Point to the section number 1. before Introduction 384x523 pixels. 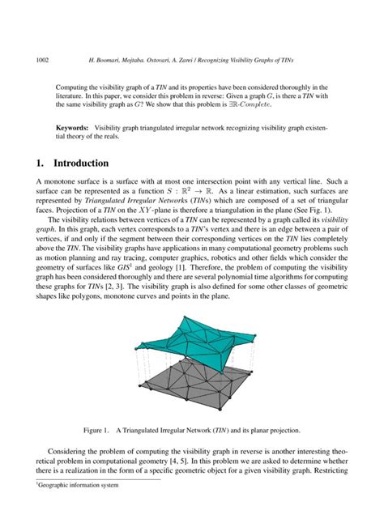pos(42,161)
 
